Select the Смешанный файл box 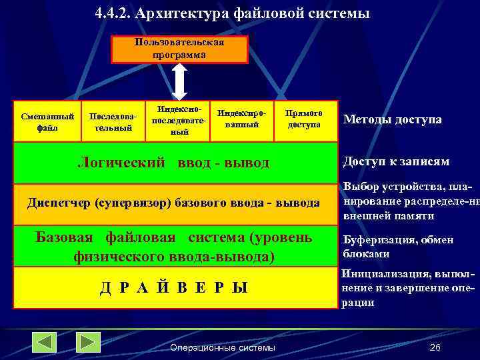pos(47,121)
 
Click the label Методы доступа pos(392,119)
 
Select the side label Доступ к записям pos(395,162)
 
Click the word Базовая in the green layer pos(66,237)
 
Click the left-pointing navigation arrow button pos(45,342)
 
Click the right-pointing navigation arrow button pos(88,342)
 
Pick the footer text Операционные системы pos(222,347)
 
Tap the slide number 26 pos(435,347)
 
